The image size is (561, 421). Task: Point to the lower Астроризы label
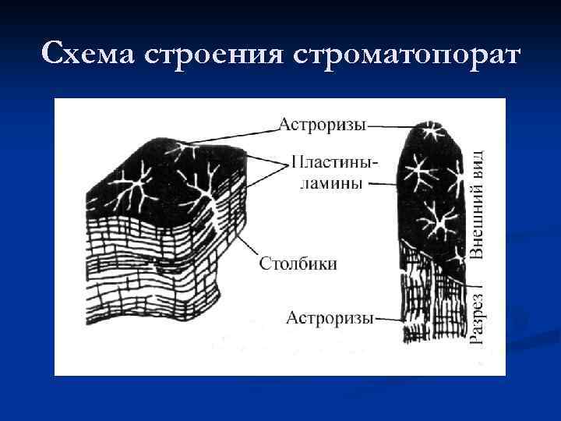coord(330,317)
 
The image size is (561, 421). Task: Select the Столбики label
coord(298,263)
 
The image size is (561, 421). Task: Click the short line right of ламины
coord(381,184)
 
